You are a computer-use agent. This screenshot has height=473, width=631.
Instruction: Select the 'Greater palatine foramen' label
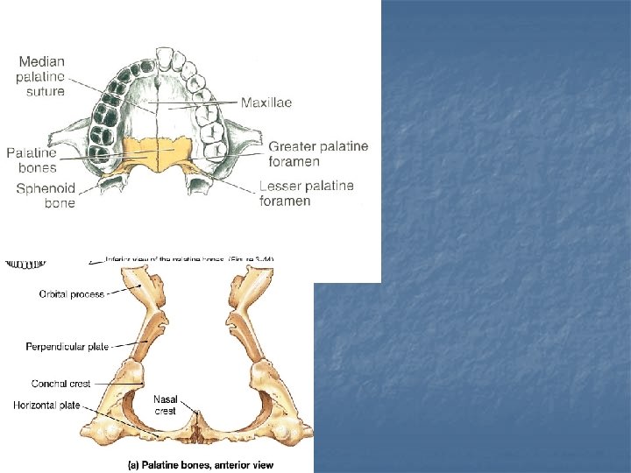318,153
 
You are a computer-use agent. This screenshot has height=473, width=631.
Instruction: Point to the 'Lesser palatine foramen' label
307,193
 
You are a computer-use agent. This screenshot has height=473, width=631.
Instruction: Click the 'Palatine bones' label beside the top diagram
32,159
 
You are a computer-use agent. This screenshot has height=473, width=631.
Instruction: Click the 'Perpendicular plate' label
67,346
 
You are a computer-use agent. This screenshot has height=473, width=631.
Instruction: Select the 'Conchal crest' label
60,384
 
